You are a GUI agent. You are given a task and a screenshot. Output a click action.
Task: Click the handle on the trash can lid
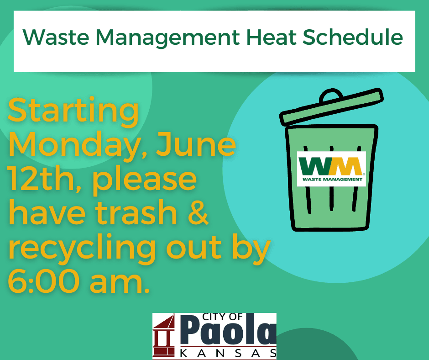[x=331, y=95]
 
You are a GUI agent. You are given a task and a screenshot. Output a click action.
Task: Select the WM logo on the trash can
[x=331, y=168]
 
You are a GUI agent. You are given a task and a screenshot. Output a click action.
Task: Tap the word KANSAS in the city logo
[x=229, y=353]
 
